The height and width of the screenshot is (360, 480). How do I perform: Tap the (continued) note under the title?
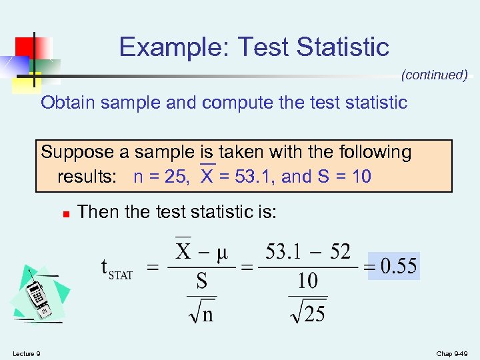click(434, 75)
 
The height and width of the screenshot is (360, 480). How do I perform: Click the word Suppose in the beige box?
click(77, 153)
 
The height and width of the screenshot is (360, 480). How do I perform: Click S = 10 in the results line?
click(343, 177)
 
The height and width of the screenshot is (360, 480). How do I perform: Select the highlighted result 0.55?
click(399, 267)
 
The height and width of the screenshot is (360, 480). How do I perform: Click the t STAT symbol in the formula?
click(115, 269)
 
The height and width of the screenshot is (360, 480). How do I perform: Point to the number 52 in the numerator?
click(340, 252)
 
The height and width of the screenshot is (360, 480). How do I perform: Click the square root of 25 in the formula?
click(308, 309)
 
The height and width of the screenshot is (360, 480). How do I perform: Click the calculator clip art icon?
click(40, 294)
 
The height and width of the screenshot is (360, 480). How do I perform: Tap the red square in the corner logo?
click(25, 46)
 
